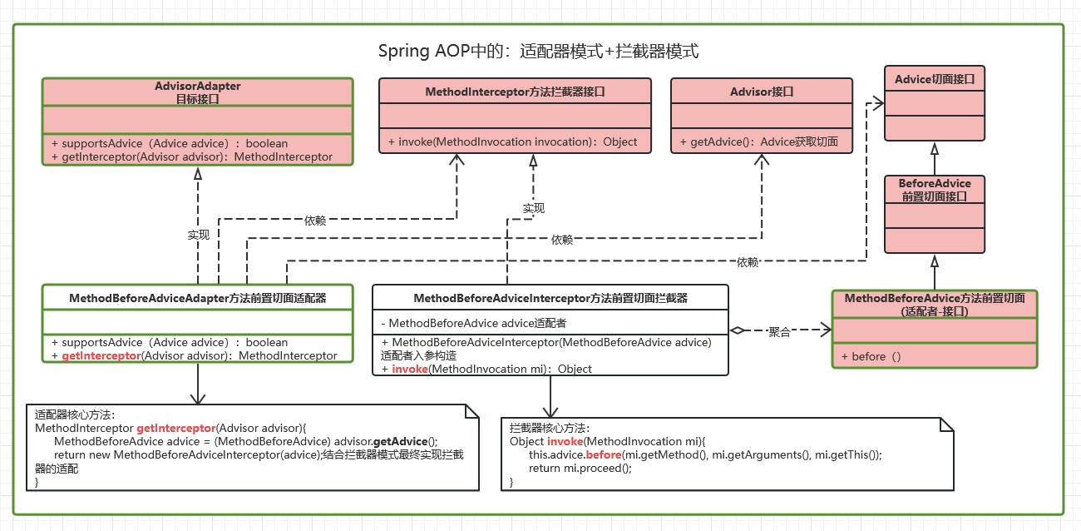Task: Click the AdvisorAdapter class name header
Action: pos(198,92)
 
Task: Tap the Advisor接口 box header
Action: pos(762,92)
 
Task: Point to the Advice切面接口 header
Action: pos(934,79)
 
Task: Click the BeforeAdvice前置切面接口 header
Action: pos(934,190)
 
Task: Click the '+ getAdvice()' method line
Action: pos(758,142)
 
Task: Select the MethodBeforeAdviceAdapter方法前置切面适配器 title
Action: pos(197,297)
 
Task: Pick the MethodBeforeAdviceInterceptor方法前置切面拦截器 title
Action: pos(550,297)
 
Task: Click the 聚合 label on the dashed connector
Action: pos(779,332)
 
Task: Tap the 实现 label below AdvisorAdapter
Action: pos(198,236)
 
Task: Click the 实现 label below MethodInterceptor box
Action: pos(533,208)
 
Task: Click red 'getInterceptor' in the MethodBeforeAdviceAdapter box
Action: pos(100,355)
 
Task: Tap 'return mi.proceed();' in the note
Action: pos(580,468)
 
